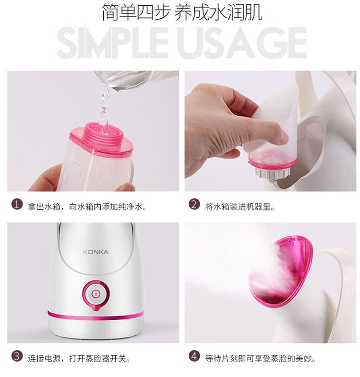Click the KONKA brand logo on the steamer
(96, 252)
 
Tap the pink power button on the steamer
(96, 294)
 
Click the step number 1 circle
(17, 205)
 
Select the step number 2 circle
(194, 205)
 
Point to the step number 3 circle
(17, 356)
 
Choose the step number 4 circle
(194, 356)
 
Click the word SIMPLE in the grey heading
(112, 43)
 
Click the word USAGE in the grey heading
(243, 43)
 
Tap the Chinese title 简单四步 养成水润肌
(182, 12)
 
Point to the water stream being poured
(105, 108)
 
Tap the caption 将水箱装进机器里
(240, 207)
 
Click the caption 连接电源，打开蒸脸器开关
(79, 358)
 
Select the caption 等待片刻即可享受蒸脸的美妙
(260, 358)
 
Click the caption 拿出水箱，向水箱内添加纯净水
(87, 207)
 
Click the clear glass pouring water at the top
(134, 81)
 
